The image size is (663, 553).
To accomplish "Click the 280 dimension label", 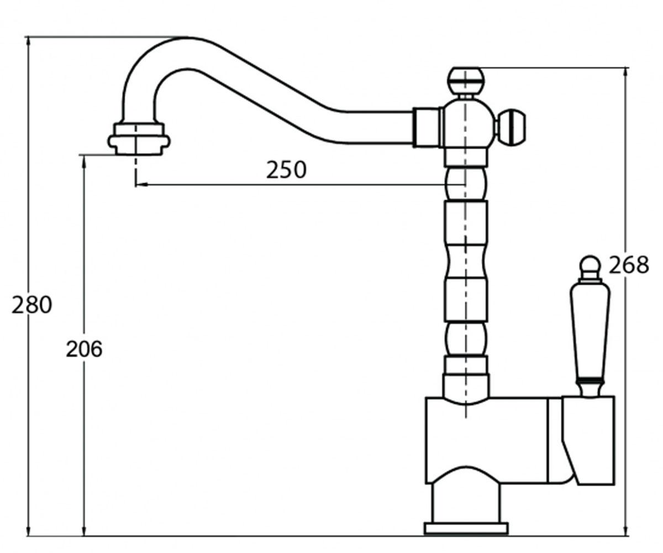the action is point(31,305).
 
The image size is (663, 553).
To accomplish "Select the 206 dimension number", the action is point(84,349).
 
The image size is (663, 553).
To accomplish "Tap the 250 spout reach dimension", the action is point(286,169).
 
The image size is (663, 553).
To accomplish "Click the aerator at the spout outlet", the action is point(139,139).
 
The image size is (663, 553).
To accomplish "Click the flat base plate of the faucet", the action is point(466,529).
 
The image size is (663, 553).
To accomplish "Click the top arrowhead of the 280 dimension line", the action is point(28,41).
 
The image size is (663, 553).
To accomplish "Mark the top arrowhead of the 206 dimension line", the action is point(84,161).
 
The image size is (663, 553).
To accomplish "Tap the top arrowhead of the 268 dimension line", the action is point(626,73).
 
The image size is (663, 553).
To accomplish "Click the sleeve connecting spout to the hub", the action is point(427,127).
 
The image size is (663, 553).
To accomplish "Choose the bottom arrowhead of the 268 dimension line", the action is point(626,531).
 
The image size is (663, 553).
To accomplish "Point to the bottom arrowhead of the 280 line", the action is point(28,531).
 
